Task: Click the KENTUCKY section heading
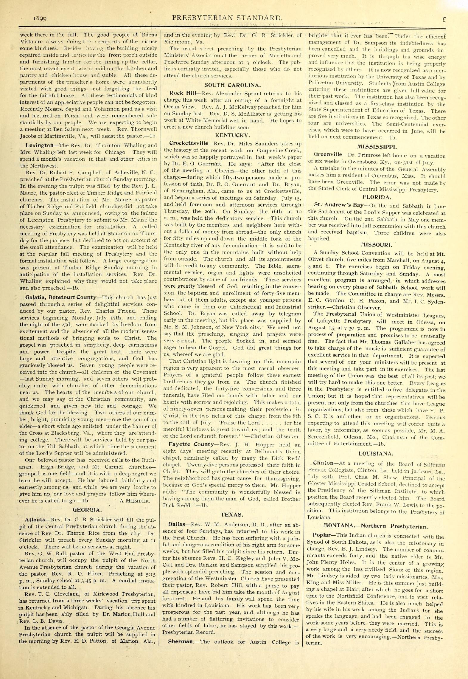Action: coord(232,135)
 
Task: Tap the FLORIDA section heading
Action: coord(377,197)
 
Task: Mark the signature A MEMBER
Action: coord(135,501)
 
